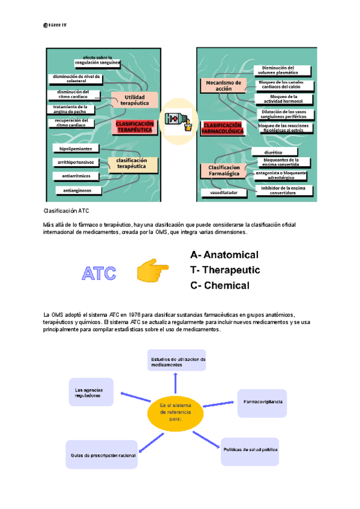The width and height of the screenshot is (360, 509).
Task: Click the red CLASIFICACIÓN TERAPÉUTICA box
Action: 135,126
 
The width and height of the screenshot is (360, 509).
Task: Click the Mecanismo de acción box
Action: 223,85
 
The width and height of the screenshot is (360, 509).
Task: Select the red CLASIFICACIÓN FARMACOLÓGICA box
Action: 223,127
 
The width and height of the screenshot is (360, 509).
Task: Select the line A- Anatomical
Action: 224,255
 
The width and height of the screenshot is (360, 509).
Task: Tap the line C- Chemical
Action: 219,286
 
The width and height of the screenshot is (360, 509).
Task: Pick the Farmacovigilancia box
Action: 260,400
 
